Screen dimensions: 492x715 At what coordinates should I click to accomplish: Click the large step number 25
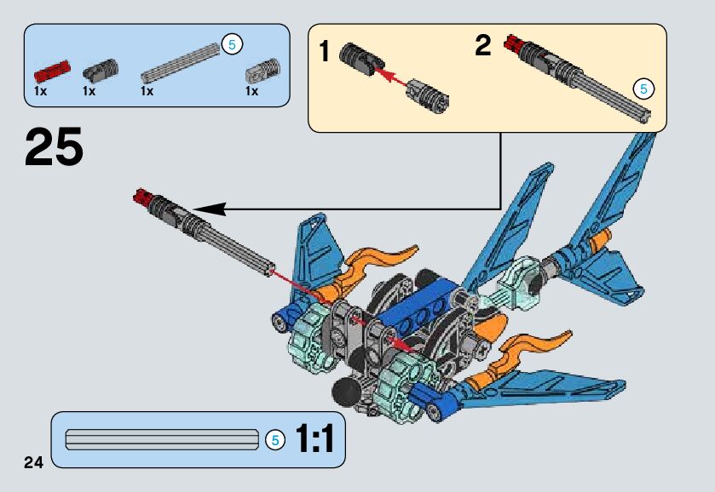click(x=55, y=146)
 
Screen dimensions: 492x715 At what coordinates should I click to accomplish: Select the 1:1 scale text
click(x=314, y=439)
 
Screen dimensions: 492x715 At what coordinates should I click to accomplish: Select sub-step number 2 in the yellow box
click(x=483, y=46)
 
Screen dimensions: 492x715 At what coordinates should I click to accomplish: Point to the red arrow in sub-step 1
click(x=390, y=77)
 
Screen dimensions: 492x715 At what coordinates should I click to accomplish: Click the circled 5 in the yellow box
click(x=644, y=88)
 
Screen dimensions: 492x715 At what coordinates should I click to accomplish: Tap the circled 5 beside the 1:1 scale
click(x=274, y=440)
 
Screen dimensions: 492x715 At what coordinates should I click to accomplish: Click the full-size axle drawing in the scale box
click(x=162, y=440)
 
